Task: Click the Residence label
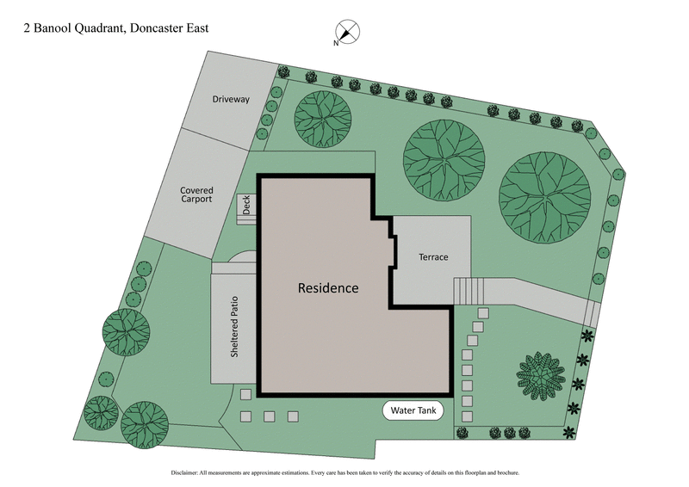click(328, 288)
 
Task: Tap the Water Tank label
click(414, 410)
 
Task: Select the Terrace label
click(433, 257)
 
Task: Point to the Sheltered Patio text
click(233, 328)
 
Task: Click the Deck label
click(246, 205)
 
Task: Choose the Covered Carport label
click(196, 194)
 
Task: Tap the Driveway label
click(231, 100)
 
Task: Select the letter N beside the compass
click(336, 43)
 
